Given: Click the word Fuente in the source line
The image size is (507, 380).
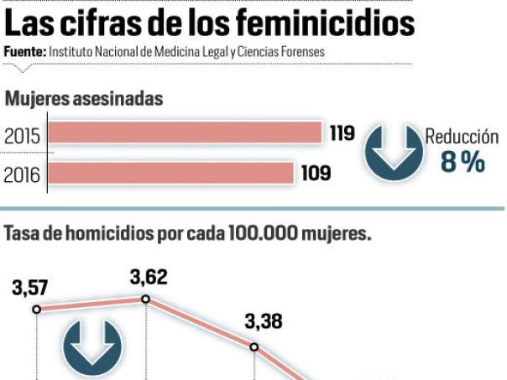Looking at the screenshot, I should point(24,52).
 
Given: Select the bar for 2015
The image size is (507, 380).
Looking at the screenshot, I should point(186,133).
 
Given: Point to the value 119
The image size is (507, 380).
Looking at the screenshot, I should point(342,133).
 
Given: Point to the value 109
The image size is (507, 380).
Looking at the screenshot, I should point(316,174).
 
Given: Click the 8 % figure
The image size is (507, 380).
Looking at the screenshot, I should point(463,162).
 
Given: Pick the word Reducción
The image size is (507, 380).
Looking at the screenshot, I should point(462,137).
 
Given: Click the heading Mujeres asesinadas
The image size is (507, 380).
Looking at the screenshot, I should point(83,99).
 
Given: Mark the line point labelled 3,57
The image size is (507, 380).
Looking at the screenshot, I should point(36,309).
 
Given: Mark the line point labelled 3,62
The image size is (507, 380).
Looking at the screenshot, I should point(145,299).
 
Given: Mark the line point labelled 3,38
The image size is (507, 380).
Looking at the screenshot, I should point(253,346).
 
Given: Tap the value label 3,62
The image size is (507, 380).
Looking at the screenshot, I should point(148,278).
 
